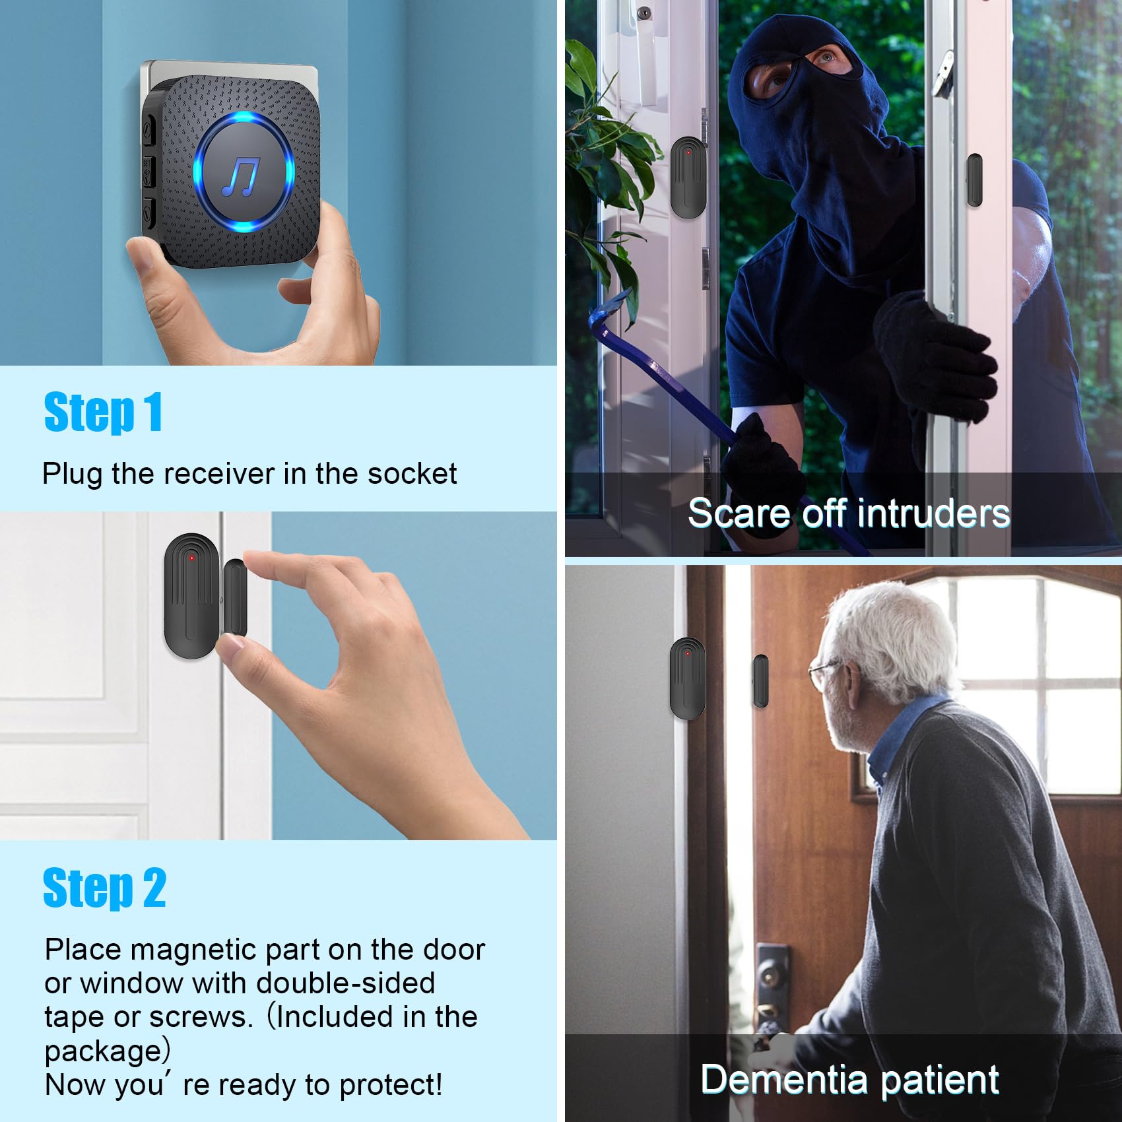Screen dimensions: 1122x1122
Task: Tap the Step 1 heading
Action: click(x=102, y=412)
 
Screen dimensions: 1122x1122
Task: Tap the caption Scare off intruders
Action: click(x=848, y=513)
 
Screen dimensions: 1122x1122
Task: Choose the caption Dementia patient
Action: click(x=849, y=1080)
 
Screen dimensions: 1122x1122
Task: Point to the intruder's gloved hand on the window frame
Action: click(x=937, y=356)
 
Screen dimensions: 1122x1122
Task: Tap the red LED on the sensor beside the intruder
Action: click(x=688, y=152)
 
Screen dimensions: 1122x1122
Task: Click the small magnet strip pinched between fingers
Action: click(x=235, y=597)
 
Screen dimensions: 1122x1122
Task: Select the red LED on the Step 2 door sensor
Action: click(x=192, y=558)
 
